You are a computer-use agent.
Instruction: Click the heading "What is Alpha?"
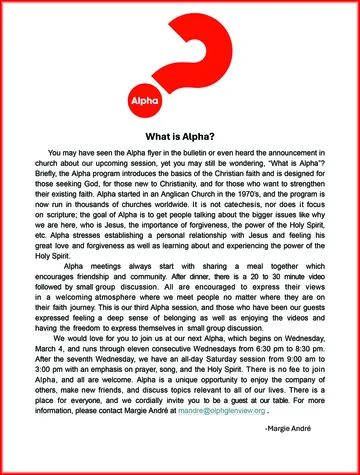[180, 136]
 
